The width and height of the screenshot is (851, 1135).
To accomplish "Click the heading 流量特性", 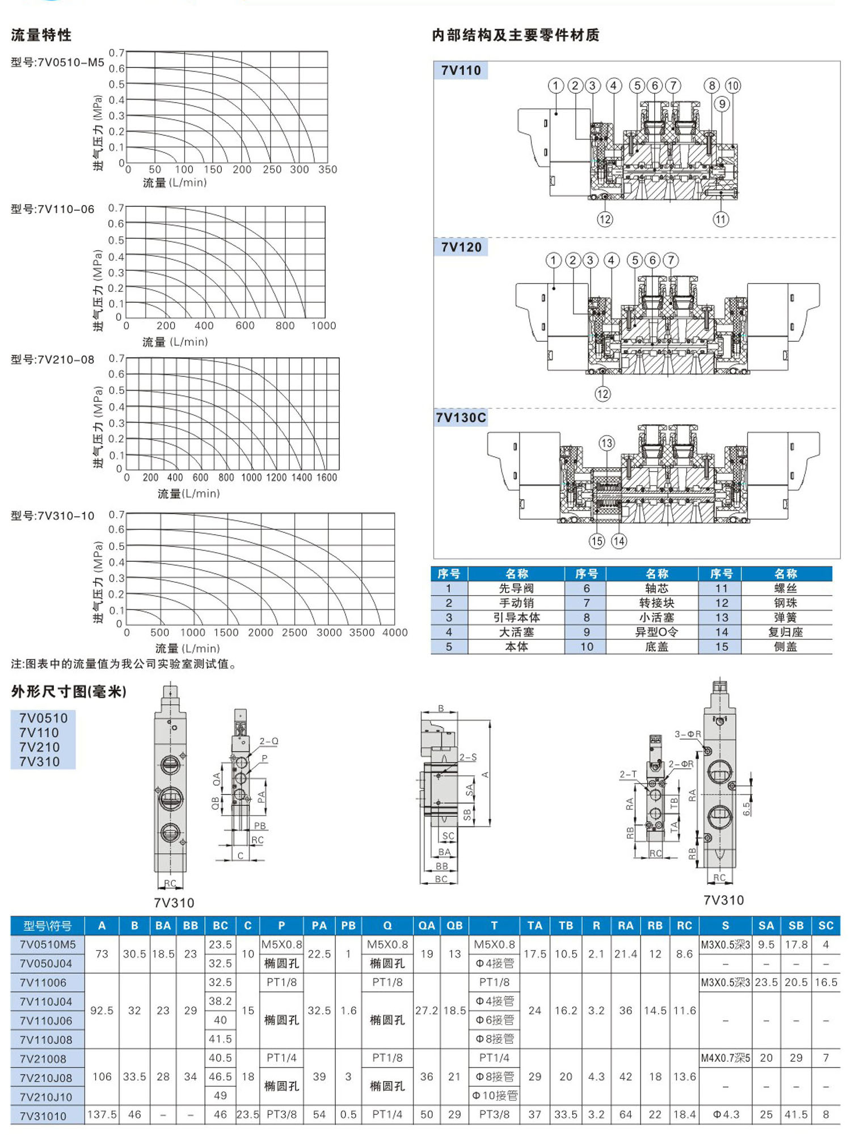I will [41, 35].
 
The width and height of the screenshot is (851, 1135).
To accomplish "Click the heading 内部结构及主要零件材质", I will [515, 35].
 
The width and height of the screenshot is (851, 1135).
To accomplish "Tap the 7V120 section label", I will [461, 247].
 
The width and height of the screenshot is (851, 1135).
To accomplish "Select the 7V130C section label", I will [461, 418].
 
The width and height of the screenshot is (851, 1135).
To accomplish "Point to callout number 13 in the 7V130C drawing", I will [606, 443].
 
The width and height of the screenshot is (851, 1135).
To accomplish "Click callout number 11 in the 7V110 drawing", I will [721, 219].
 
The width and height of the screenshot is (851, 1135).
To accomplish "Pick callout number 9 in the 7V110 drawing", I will [722, 104].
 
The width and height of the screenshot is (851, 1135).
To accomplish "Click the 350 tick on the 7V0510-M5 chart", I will [327, 170].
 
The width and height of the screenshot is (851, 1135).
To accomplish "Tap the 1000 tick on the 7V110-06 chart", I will [323, 326].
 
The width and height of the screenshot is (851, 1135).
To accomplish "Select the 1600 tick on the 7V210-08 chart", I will [327, 478].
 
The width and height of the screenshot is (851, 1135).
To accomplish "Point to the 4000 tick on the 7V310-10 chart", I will [395, 633].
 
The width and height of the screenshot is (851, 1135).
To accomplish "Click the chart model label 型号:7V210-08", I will [53, 359].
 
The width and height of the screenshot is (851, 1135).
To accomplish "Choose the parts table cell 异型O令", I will [656, 632].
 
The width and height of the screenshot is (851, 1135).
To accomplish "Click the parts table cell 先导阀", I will [516, 588].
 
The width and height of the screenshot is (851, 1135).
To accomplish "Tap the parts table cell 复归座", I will [785, 632].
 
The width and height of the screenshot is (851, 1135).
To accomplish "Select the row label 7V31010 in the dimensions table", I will [43, 1116].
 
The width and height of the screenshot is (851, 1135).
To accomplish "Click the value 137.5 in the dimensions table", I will [102, 1115].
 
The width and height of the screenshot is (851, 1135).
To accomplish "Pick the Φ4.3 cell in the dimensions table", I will [726, 1115].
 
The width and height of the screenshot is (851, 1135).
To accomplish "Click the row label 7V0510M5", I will [48, 945].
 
